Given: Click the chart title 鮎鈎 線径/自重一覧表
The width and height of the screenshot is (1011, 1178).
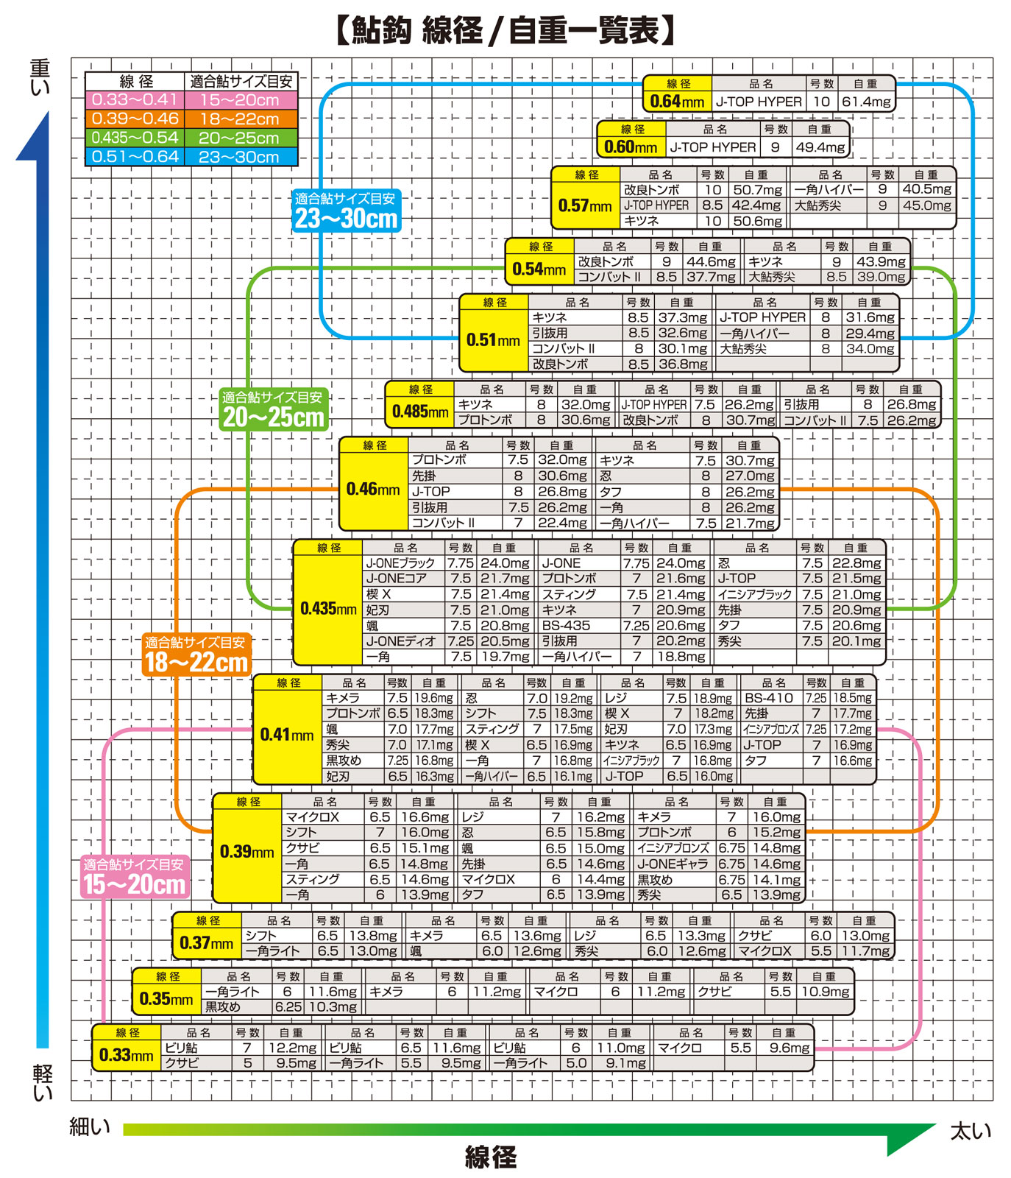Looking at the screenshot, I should [505, 31].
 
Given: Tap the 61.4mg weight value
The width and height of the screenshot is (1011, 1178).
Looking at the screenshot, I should [866, 102].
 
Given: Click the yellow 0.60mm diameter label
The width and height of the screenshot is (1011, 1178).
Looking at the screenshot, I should [631, 147].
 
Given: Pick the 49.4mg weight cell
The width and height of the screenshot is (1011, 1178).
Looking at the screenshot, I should [820, 147].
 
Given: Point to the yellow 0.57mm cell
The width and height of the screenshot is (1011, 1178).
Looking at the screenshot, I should [585, 205].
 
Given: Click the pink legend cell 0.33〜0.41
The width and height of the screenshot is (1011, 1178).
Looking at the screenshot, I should [135, 100].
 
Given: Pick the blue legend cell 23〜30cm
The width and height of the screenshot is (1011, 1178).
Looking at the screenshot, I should [240, 157].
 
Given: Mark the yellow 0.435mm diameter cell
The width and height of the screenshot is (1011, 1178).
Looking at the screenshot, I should [328, 609].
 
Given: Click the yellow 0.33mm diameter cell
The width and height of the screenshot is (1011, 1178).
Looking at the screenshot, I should [127, 1055].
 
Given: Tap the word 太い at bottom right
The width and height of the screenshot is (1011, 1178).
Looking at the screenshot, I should [971, 1131].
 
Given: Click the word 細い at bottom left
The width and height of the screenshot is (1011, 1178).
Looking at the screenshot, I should [90, 1126].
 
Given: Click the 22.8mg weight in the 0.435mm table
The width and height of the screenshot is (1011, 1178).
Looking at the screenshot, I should [856, 563].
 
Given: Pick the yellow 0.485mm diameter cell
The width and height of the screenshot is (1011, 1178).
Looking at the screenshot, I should [420, 412].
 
